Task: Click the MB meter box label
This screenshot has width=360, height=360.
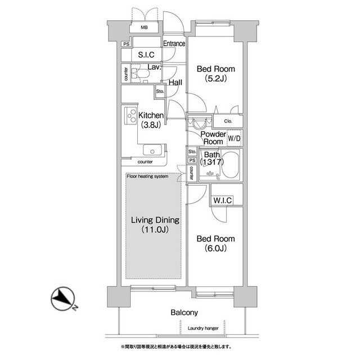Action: coord(144,28)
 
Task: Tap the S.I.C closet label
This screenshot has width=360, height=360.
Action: coord(146,55)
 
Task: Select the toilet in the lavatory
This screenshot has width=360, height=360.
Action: coord(140,73)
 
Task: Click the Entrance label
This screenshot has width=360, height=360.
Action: coord(174,43)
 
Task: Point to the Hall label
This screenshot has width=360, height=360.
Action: coord(175,83)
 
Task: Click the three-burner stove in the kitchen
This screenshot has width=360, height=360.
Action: coord(130,116)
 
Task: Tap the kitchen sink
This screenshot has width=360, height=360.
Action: coord(152,150)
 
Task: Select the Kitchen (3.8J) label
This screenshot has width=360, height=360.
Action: coord(151,120)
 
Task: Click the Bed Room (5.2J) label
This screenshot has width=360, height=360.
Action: coord(216,74)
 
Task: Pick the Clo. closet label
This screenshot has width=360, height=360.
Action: coord(228,121)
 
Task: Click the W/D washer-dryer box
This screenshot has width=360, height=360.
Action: coord(235,138)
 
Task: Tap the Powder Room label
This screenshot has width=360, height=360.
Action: coord(213,138)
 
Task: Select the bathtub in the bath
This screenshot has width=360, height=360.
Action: coord(230,165)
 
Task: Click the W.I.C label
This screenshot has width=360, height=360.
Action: coord(222,200)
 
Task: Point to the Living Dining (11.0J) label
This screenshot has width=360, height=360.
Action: coord(155,224)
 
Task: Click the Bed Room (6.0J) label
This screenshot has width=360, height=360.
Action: coord(215,244)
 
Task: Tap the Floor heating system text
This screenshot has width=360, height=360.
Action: coord(147,176)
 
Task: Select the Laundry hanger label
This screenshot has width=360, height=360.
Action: coord(203,328)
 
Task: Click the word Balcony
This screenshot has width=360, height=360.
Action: coord(184,313)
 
